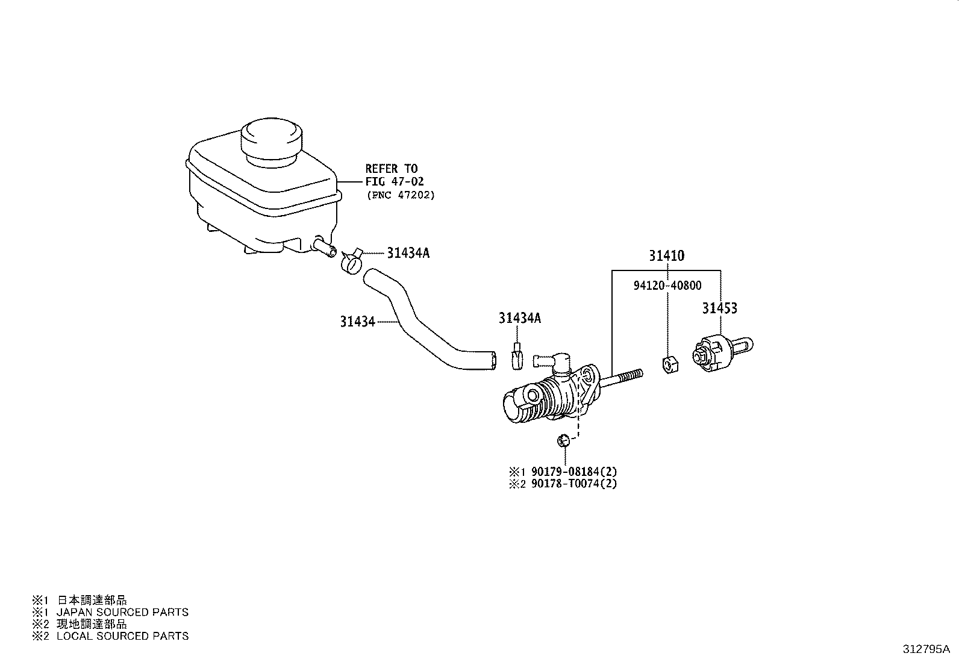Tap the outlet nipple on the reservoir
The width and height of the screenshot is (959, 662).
click(325, 247)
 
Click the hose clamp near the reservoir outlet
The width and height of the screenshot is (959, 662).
click(352, 261)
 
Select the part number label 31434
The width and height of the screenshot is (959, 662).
click(357, 322)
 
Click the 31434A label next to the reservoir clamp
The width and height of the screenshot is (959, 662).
click(408, 253)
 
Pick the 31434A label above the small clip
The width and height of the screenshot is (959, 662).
click(519, 318)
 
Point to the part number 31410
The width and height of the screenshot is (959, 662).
click(667, 255)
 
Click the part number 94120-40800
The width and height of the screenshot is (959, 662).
click(667, 286)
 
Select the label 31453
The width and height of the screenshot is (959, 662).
click(720, 308)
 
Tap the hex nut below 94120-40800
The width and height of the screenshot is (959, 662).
click(670, 364)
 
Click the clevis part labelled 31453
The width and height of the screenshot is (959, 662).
click(722, 352)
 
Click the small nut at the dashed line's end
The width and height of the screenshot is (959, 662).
click(563, 440)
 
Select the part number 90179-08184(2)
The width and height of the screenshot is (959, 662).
click(574, 472)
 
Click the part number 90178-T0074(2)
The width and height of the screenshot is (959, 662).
click(574, 484)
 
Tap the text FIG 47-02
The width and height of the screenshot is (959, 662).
click(395, 181)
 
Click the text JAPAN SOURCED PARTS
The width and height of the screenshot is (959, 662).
click(122, 613)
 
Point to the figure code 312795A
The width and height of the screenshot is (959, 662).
click(926, 649)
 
